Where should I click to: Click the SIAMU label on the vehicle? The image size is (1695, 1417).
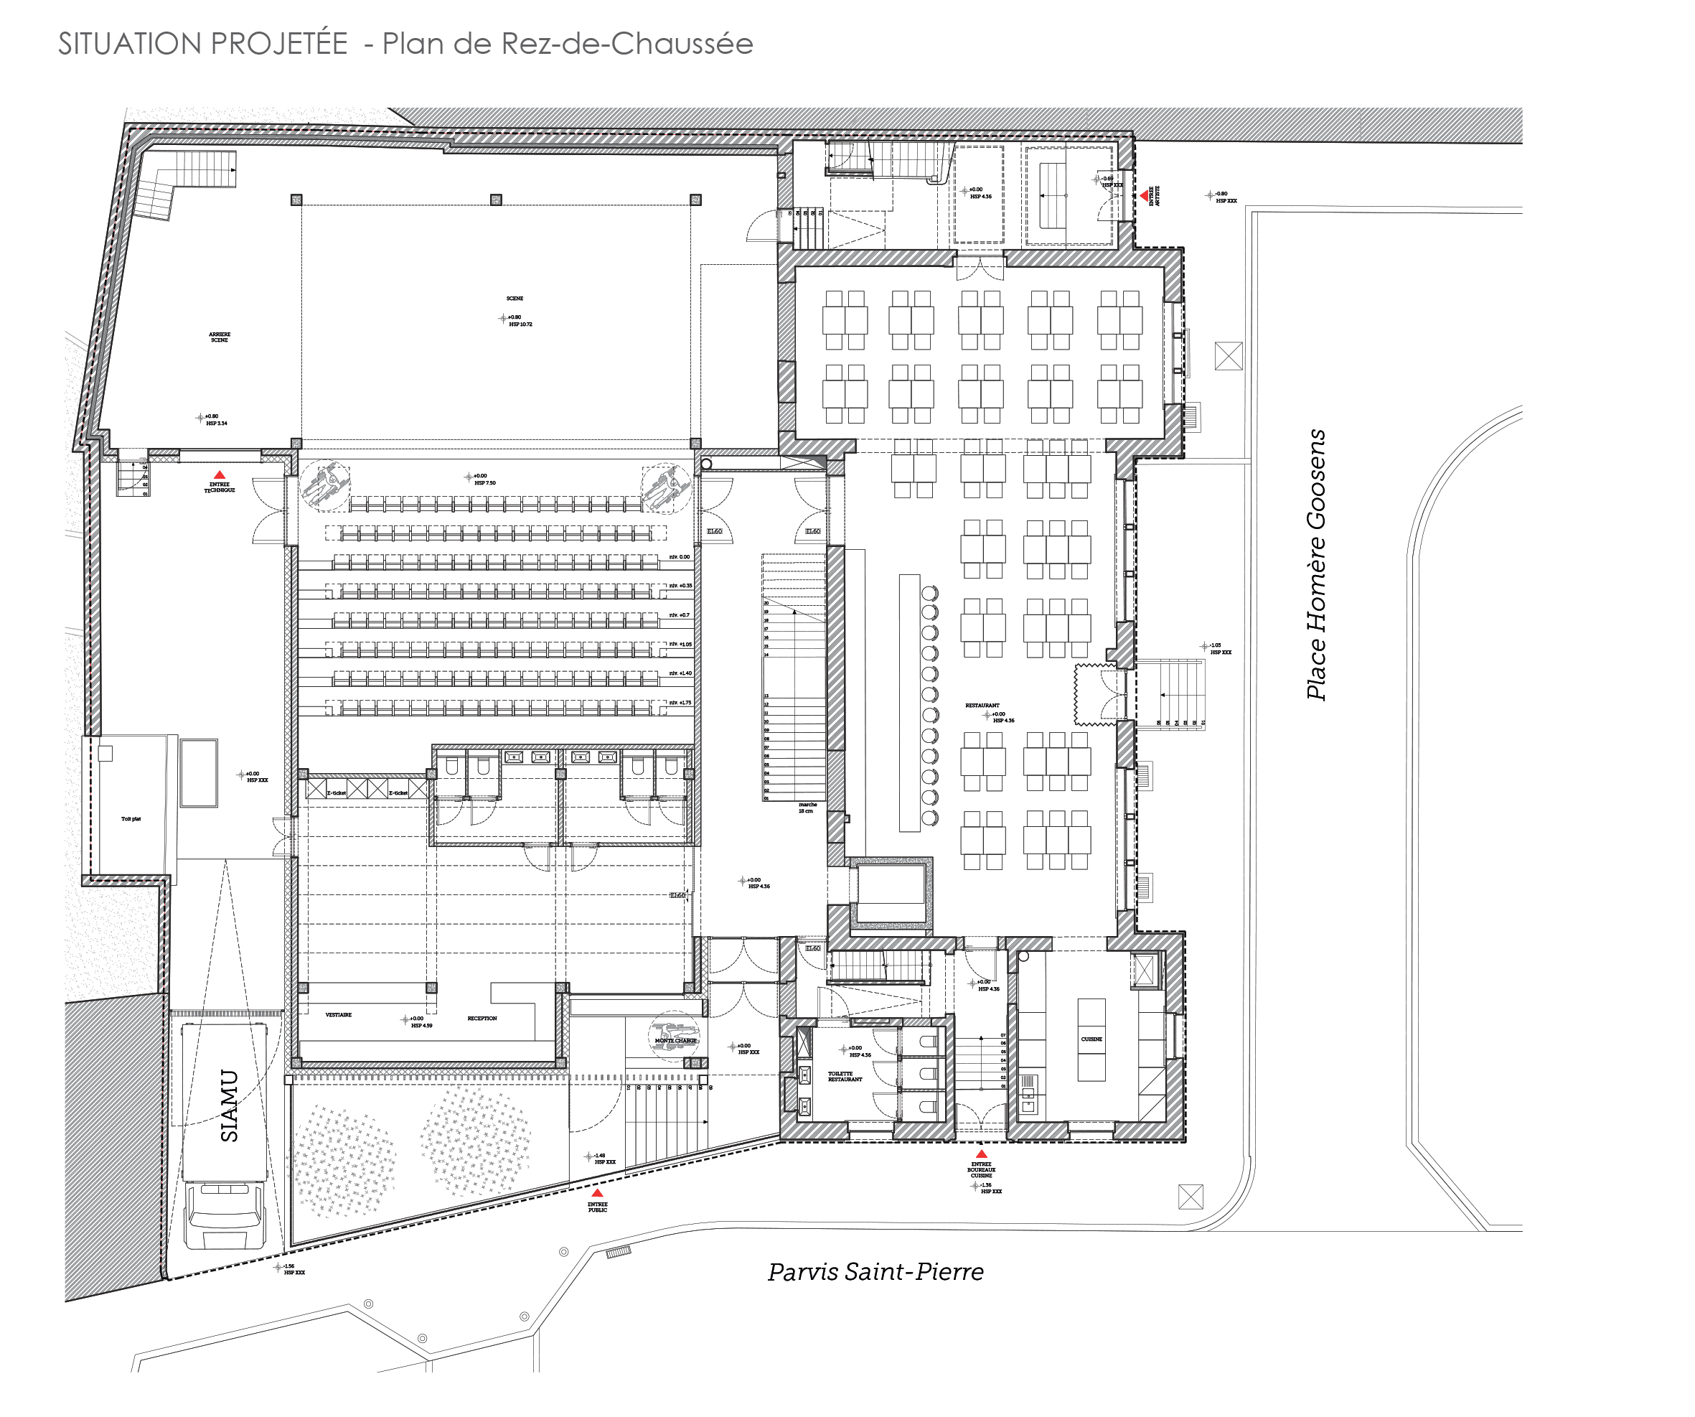click(x=230, y=1105)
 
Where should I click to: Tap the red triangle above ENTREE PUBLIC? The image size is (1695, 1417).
click(x=597, y=1192)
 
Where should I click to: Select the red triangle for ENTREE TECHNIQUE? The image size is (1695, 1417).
click(x=219, y=475)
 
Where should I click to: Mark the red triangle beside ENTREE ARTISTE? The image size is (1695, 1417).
click(x=1145, y=195)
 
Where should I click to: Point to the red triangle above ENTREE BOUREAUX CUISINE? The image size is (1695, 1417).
click(x=982, y=1154)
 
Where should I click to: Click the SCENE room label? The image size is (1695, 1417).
click(x=515, y=299)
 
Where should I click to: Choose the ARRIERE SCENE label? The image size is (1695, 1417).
click(x=220, y=337)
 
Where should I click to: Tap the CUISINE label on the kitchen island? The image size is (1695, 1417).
click(x=1091, y=1039)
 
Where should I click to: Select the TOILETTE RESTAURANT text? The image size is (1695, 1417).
click(x=845, y=1076)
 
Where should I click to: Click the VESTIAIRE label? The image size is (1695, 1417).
click(x=338, y=1015)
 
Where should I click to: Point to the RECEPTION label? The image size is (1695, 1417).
click(x=482, y=1018)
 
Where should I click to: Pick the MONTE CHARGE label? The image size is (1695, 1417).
click(x=675, y=1041)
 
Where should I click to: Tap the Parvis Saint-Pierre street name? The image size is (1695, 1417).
click(x=875, y=1273)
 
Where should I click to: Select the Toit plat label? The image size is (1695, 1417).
click(x=131, y=819)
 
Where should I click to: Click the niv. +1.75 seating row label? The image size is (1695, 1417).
click(x=680, y=703)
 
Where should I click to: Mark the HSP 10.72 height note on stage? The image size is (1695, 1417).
click(x=520, y=324)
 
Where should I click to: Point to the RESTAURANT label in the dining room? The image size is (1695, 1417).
click(x=982, y=706)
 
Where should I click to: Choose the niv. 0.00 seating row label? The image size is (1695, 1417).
click(x=680, y=557)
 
